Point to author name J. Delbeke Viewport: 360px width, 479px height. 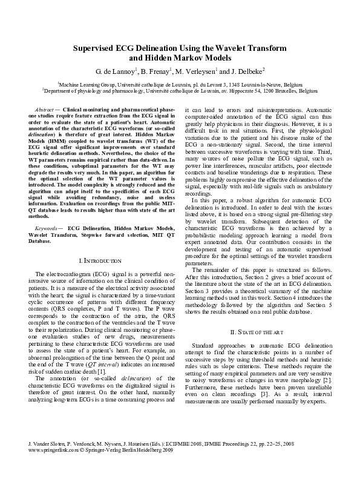[248, 71]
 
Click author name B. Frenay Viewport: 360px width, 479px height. [156, 71]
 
